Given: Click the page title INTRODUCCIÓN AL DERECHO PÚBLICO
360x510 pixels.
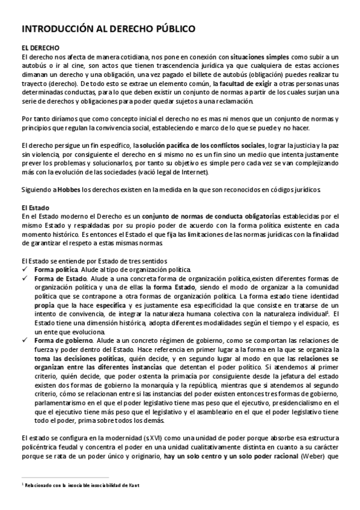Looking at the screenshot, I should coord(108,28).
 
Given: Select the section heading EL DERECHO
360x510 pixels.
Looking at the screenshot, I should coord(40,48).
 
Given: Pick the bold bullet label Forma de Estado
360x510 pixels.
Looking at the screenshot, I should coord(60,279).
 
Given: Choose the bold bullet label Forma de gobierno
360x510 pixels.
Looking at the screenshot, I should coord(64,340).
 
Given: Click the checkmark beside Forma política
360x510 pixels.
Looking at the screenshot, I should coord(25,270).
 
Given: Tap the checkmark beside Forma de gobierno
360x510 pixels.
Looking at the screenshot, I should coord(25,340).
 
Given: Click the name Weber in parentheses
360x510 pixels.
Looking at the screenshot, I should coord(311,456).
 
